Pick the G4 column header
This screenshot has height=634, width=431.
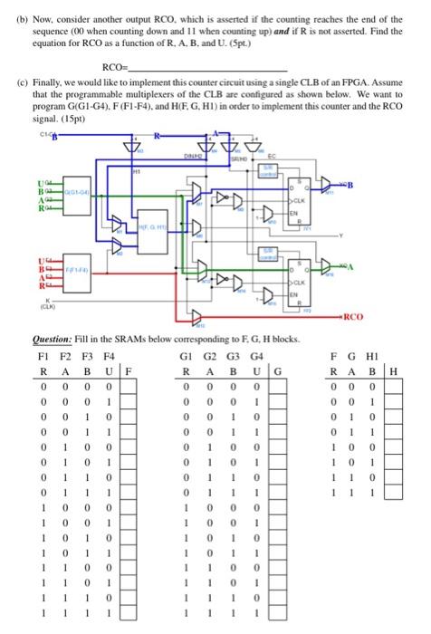261,355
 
